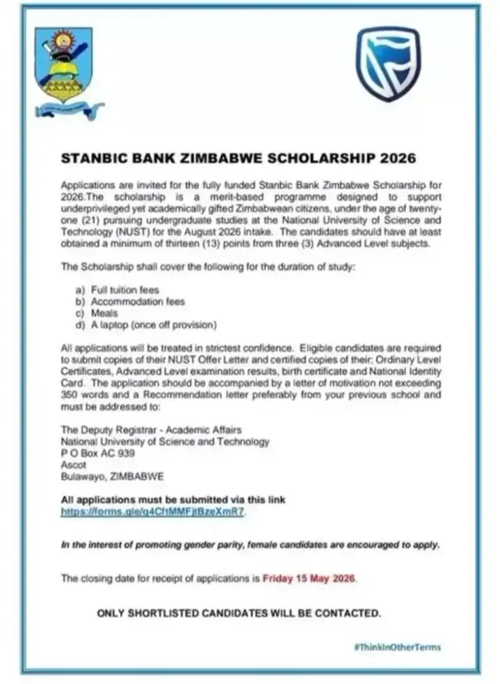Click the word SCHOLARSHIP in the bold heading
[315, 158]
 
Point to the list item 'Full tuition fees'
[121, 289]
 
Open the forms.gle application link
[153, 512]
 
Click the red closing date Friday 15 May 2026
[309, 578]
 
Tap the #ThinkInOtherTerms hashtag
[396, 646]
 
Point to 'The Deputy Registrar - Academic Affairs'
[147, 430]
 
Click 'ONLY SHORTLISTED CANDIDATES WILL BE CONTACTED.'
[239, 613]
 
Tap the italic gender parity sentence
[250, 546]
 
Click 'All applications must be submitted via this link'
[173, 500]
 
